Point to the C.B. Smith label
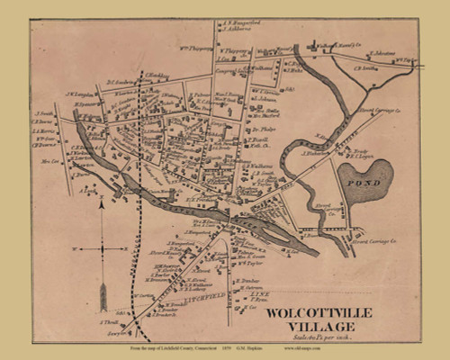click(x=364, y=67)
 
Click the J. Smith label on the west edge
click(x=44, y=113)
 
